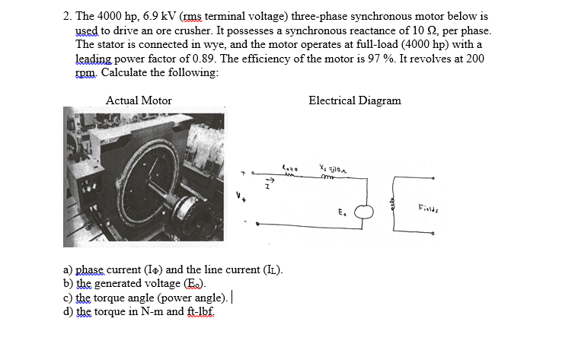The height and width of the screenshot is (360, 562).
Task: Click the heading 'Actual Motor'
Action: pos(139,100)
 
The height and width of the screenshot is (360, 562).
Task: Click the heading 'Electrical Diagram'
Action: pos(354,100)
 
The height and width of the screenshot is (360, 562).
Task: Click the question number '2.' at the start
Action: pos(68,16)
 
